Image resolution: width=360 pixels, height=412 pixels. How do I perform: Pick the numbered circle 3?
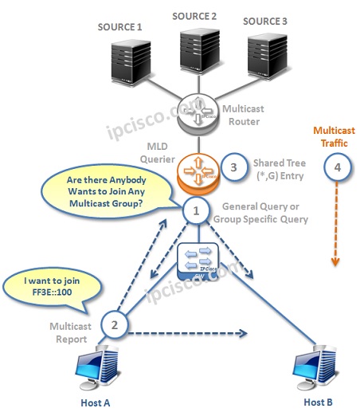coord(232,168)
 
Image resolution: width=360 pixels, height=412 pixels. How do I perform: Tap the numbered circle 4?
coord(337,167)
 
